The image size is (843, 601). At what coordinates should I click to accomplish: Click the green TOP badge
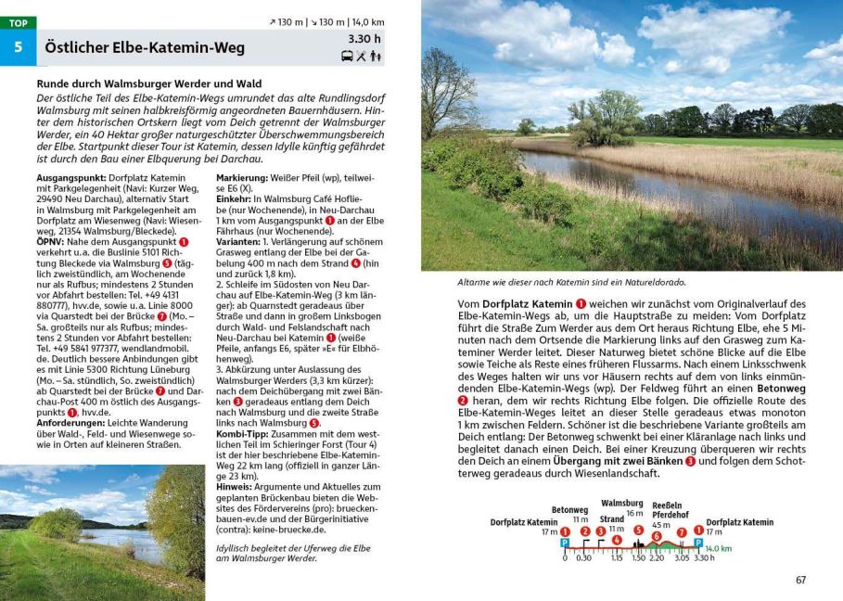18,23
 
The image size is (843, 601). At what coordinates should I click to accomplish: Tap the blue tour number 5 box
18,47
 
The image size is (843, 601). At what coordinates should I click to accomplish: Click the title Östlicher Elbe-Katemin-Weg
145,47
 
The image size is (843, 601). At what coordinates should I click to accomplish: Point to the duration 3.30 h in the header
364,39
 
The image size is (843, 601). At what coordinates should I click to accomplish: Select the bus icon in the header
347,56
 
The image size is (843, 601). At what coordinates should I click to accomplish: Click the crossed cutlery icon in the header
361,56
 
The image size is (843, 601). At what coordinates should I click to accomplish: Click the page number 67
800,581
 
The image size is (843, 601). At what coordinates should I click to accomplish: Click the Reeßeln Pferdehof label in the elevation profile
668,512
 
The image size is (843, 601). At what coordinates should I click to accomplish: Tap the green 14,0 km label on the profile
719,549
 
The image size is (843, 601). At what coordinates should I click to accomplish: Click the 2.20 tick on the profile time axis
656,557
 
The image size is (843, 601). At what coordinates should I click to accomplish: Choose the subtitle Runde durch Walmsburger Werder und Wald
144,83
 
